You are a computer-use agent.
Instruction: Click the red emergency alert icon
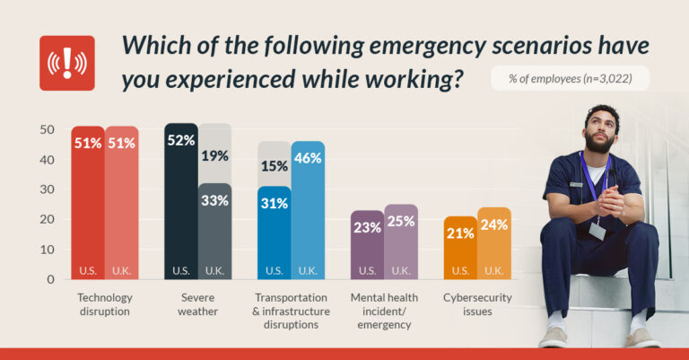point(66,63)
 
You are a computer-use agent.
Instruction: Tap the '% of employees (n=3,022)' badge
point(570,78)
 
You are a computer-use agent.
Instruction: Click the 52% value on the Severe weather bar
point(180,141)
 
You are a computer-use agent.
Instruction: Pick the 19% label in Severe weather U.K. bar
point(214,155)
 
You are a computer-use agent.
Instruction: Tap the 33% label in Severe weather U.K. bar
point(214,201)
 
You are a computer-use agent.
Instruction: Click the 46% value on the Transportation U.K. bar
point(308,158)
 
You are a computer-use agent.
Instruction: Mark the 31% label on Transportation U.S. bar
point(274,204)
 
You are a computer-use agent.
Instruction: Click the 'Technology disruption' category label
point(105,303)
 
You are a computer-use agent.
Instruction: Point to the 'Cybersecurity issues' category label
point(477,303)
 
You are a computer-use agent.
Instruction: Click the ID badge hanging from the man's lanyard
point(597,231)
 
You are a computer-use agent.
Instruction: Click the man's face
point(597,131)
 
